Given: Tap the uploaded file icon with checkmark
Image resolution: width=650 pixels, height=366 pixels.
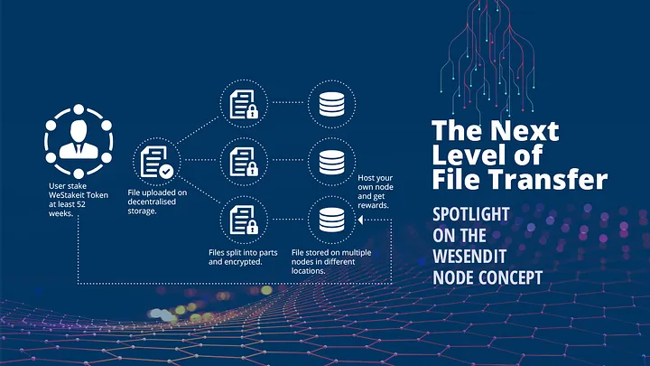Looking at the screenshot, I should click(158, 162).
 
